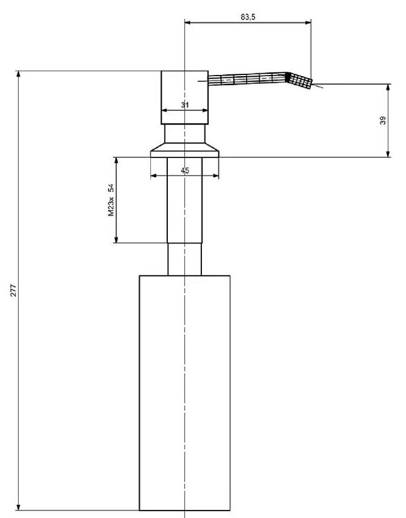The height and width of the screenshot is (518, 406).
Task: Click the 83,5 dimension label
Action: [248, 17]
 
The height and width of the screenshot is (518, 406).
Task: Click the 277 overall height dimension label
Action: [13, 290]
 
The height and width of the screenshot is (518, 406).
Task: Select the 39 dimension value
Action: [383, 120]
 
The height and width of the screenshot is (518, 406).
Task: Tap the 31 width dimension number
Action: [185, 105]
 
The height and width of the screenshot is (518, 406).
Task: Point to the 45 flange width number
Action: [185, 171]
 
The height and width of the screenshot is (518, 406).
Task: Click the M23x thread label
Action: [112, 207]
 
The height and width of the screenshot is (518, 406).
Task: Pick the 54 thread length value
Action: [112, 188]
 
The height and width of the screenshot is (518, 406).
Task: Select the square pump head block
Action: [185, 98]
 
